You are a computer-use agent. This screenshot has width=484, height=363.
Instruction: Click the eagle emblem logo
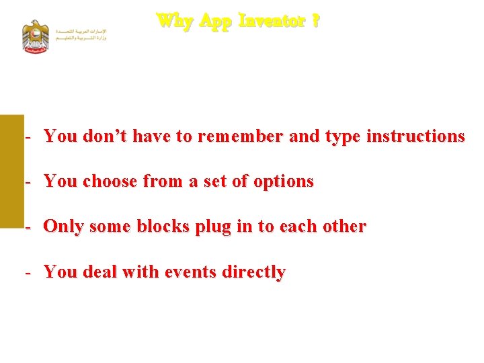(36, 36)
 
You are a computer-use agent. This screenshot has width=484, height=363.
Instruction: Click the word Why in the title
(175, 21)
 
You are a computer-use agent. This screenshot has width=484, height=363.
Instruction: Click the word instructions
(415, 136)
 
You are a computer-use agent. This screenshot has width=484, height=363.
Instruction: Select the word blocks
(163, 227)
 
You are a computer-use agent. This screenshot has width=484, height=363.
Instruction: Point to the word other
(344, 227)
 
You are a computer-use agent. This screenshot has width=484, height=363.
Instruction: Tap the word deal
(102, 272)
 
